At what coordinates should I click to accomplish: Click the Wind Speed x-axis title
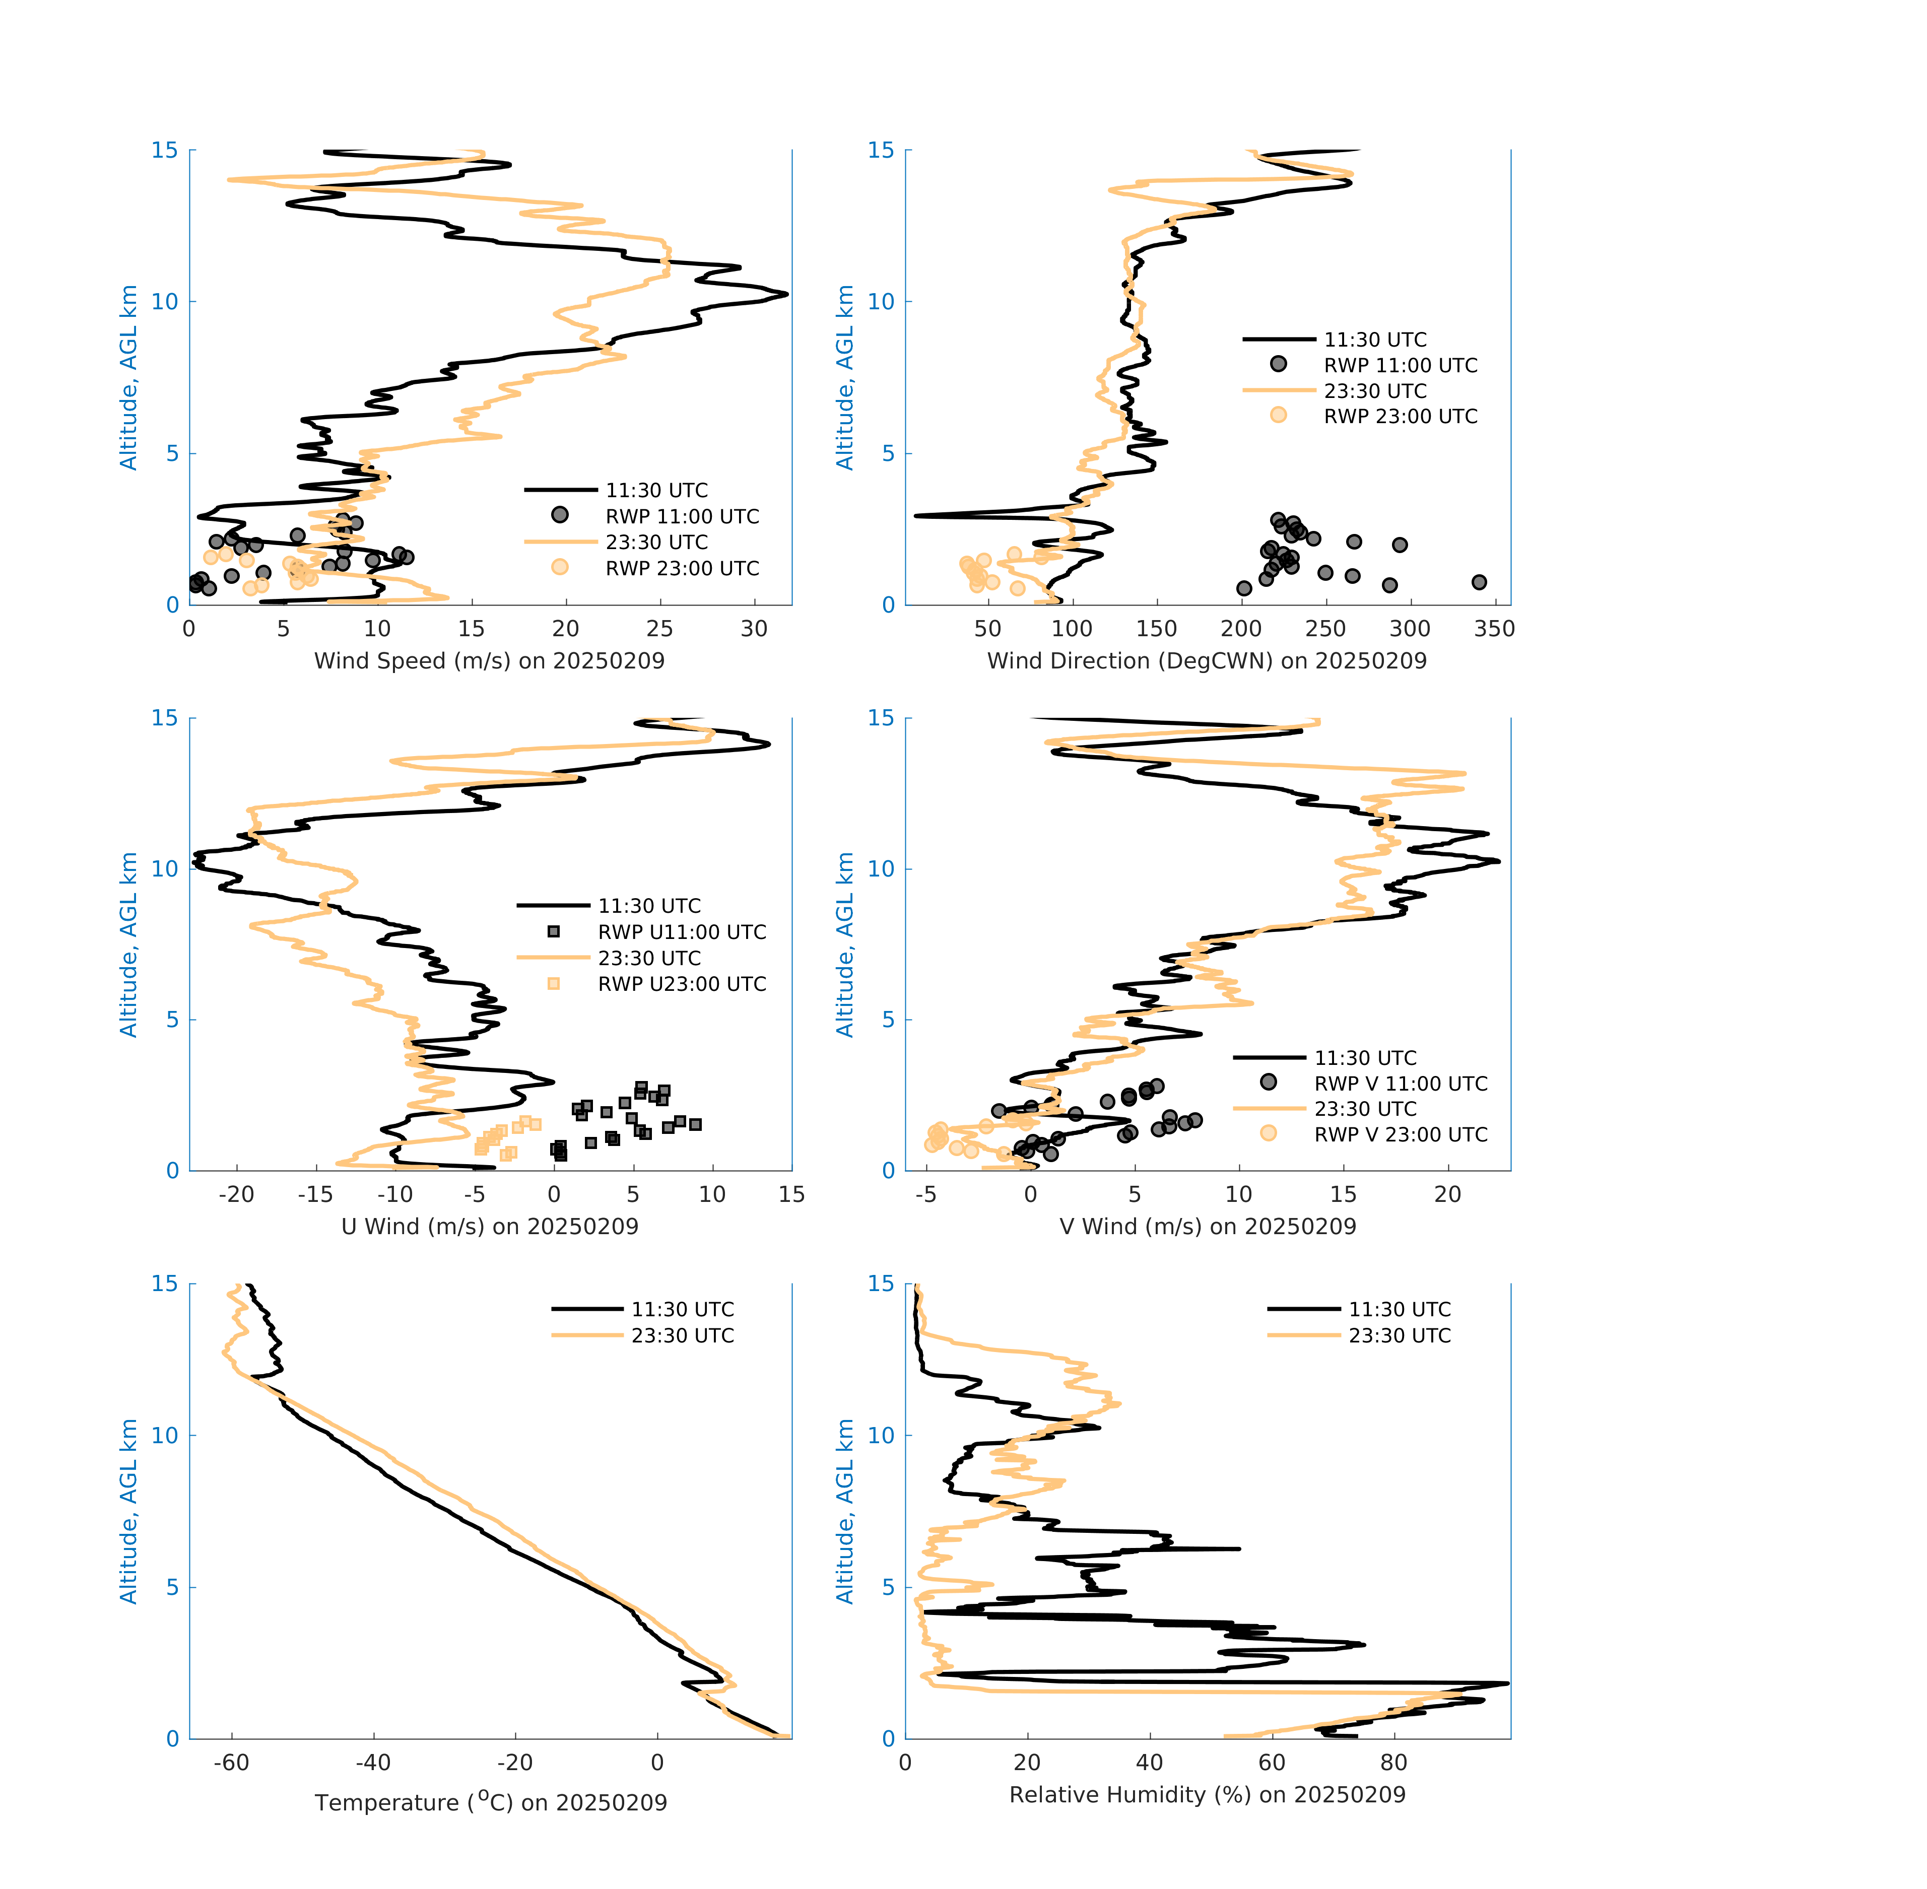(489, 661)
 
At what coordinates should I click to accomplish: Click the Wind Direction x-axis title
(1207, 661)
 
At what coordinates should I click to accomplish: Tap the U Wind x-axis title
(489, 1226)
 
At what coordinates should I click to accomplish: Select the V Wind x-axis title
(1207, 1226)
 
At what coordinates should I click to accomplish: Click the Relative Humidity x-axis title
(1207, 1794)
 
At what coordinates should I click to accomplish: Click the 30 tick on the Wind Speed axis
(754, 629)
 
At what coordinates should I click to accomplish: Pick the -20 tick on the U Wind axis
(236, 1194)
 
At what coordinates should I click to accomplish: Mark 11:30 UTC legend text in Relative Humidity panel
(1399, 1310)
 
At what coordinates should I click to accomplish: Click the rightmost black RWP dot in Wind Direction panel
(1479, 582)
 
